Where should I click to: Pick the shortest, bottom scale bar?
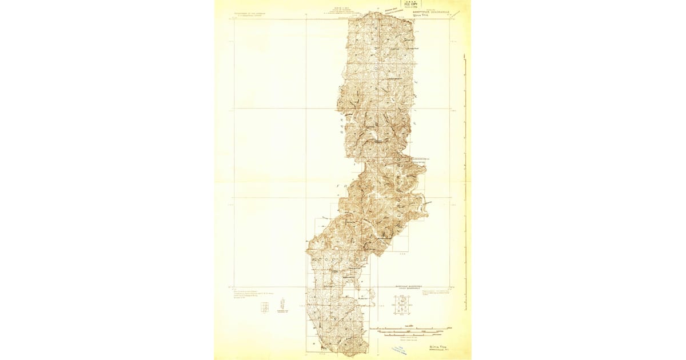click(407, 338)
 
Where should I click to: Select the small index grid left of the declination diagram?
click(264, 307)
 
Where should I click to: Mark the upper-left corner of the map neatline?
click(234, 19)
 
